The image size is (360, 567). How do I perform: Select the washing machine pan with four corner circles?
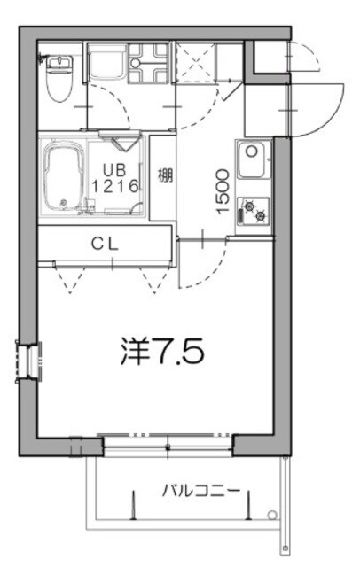click(147, 63)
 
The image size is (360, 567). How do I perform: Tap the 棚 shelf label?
click(164, 175)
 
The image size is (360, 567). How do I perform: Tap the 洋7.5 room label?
click(162, 352)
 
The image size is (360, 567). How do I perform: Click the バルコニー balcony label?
click(200, 489)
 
